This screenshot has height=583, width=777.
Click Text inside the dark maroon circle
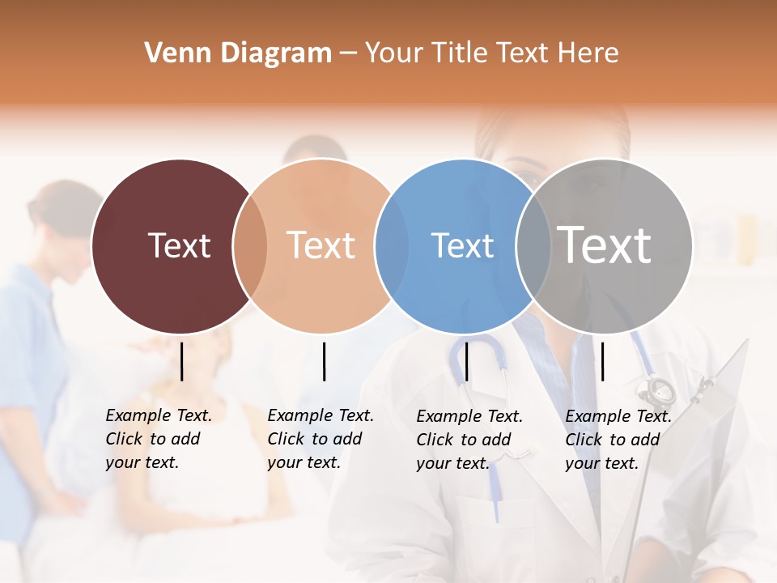[x=179, y=245]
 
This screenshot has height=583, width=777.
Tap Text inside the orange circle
[x=321, y=245]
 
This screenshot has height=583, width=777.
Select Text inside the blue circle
[x=462, y=245]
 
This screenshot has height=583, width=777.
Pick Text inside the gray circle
[x=605, y=245]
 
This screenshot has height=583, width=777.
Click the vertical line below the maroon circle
[x=182, y=361]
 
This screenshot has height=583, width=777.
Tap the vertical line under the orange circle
[x=324, y=361]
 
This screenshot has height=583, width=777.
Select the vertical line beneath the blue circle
[x=466, y=361]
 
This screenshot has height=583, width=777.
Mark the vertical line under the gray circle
[x=602, y=361]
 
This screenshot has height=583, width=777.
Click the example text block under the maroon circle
[x=158, y=439]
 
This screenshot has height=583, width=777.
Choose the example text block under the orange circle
[x=320, y=439]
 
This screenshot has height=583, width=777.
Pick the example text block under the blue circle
[x=469, y=440]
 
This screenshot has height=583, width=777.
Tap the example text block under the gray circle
[x=618, y=440]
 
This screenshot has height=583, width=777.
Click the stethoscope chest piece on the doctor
[x=657, y=391]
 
